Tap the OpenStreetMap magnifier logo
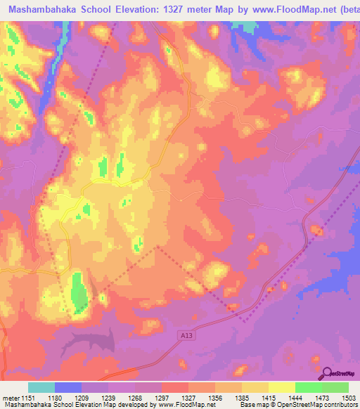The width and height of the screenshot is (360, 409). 328,373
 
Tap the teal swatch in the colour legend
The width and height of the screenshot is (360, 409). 41,387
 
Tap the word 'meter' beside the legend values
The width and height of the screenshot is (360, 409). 11,398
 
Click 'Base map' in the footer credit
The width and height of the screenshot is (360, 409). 253,405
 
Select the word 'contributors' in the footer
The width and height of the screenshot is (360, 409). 340,405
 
